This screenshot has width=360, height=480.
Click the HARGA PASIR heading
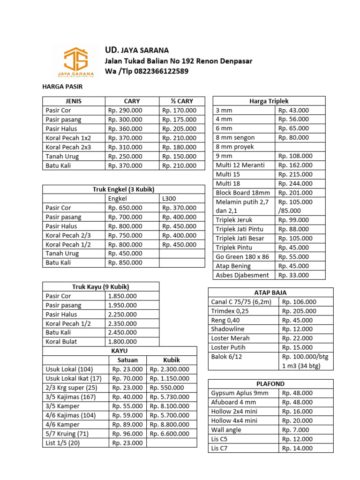[62, 87]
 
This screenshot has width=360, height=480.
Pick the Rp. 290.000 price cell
[125, 110]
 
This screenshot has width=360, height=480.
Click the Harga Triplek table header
[269, 101]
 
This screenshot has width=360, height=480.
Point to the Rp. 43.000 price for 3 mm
[294, 110]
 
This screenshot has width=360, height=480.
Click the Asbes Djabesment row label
[242, 275]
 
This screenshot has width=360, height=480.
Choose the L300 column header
[169, 198]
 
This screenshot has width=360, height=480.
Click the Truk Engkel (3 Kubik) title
[124, 189]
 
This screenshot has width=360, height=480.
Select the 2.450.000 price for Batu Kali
[122, 332]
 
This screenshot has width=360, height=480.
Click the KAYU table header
[120, 351]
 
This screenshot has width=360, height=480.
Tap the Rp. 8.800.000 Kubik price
[170, 424]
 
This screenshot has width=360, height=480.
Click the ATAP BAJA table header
[270, 292]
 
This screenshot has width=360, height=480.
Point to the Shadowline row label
[230, 329]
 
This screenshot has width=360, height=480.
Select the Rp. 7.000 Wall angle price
[296, 430]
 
